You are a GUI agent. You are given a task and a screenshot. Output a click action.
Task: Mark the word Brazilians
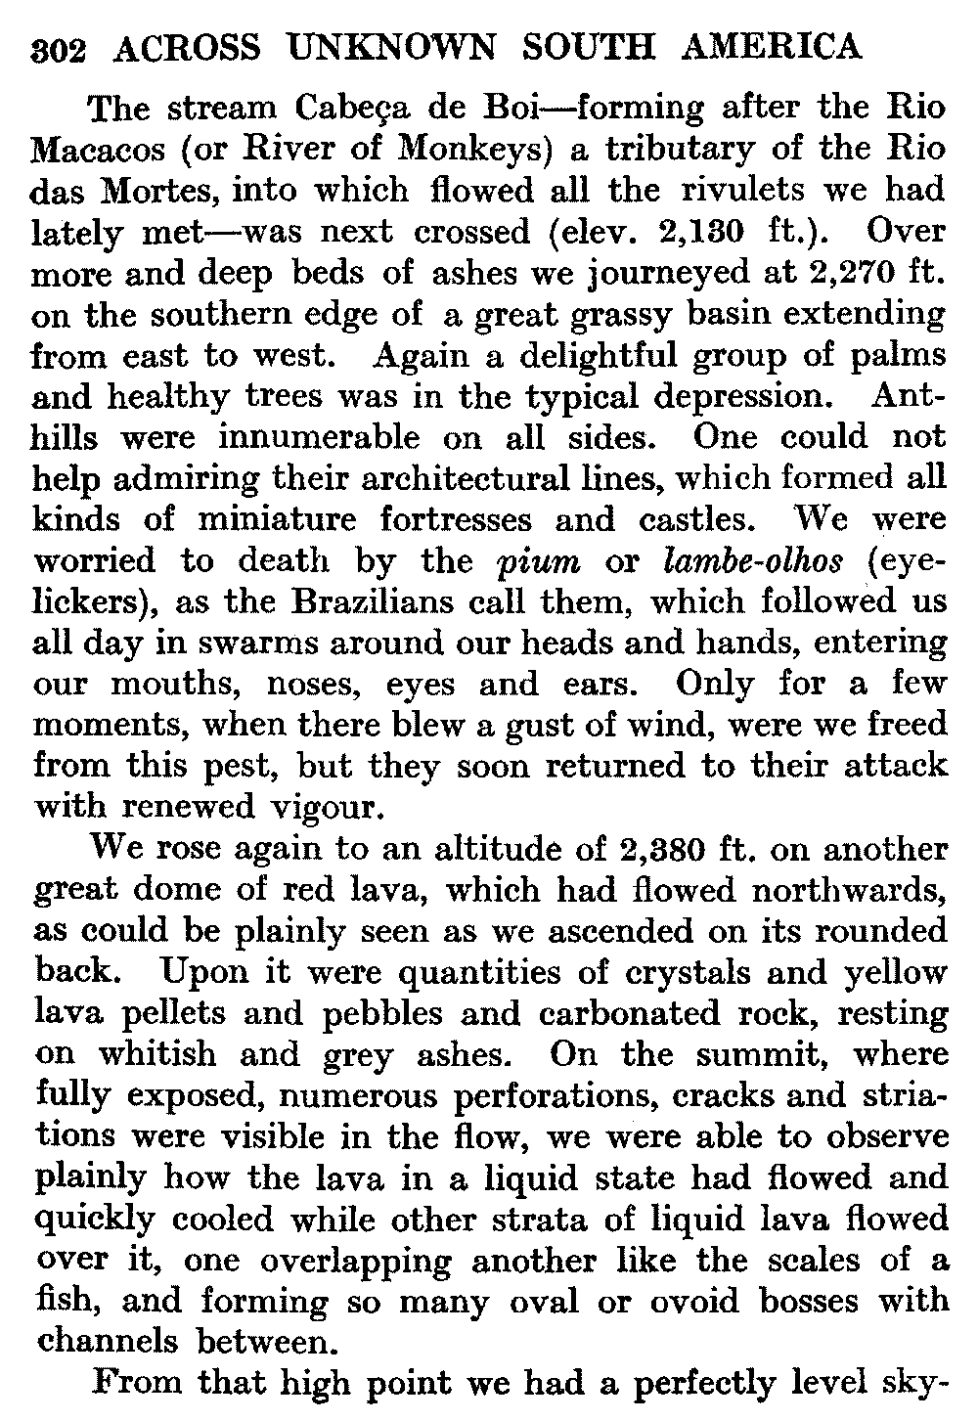click(363, 601)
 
